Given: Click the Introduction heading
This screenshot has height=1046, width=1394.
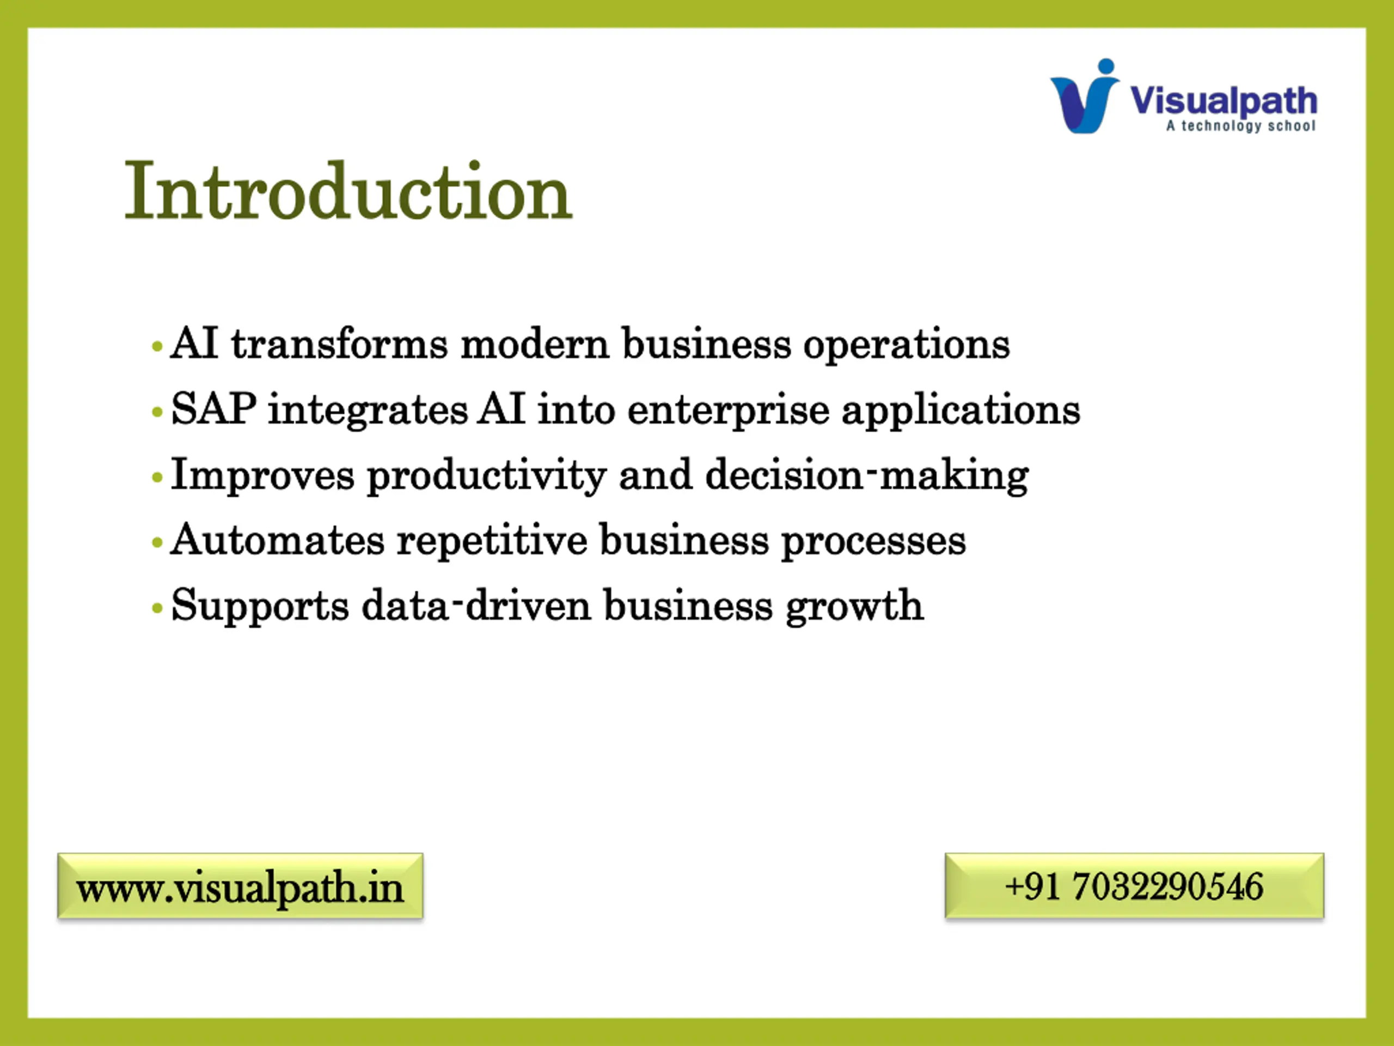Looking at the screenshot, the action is [x=348, y=191].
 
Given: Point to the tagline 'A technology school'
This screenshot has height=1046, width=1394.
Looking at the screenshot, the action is [x=1241, y=126].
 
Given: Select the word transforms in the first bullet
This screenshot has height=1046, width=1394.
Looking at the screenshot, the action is [x=340, y=344].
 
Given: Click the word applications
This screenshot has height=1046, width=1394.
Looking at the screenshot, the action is [x=961, y=412].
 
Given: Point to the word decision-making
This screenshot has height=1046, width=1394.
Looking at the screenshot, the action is [x=867, y=477].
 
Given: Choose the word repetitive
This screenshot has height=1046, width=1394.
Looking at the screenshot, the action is [x=492, y=542].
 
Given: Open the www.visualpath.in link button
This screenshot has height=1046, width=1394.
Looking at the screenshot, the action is [x=240, y=886].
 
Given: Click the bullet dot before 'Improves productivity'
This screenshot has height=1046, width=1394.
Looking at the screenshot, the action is [x=157, y=477].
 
